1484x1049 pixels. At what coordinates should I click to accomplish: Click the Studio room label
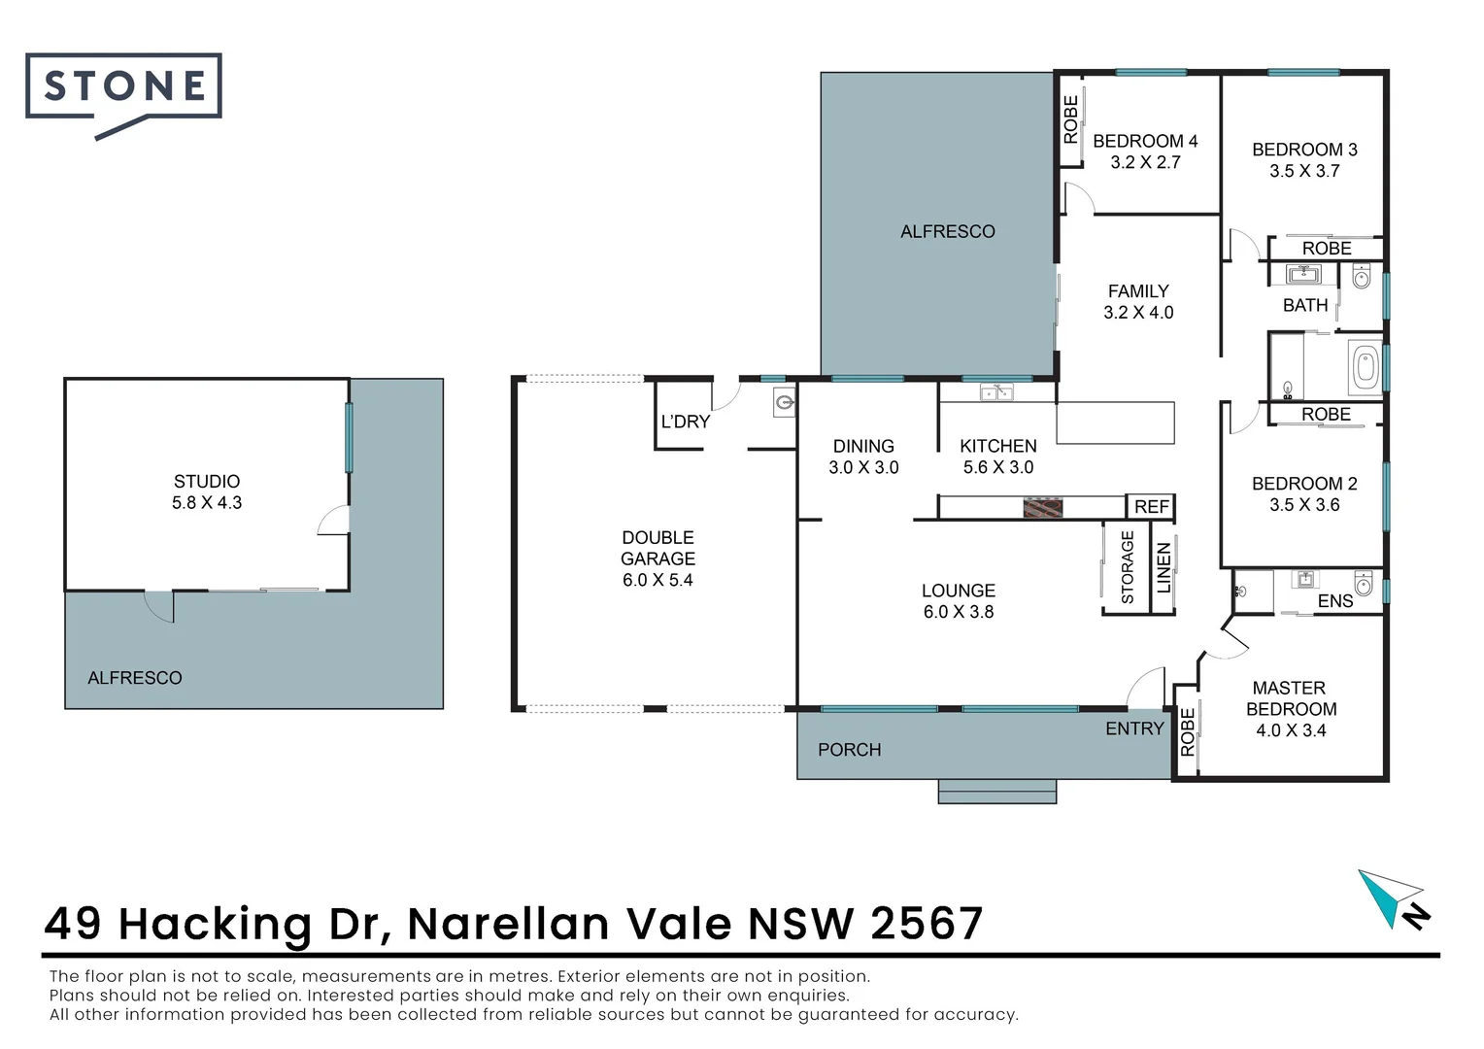[207, 482]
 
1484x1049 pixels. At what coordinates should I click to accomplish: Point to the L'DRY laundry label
[686, 422]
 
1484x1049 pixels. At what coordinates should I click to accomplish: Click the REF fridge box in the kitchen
[1151, 507]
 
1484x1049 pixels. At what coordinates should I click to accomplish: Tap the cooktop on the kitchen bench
[1042, 507]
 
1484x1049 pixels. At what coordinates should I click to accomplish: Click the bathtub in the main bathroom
[1365, 367]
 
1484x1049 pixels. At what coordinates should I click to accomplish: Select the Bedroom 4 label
[1145, 142]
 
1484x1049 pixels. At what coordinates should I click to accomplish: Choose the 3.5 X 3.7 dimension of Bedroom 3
[1304, 172]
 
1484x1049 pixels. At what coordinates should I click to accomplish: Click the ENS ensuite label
[1334, 601]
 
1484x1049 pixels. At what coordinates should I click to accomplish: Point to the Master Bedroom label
[1291, 698]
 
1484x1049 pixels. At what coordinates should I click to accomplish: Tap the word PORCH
[850, 750]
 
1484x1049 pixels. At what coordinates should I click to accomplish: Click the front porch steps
[996, 791]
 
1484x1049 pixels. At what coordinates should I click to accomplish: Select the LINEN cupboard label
[1164, 567]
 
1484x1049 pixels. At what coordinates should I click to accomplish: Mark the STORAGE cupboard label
[1128, 567]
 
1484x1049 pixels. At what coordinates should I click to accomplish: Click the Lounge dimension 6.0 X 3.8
[959, 612]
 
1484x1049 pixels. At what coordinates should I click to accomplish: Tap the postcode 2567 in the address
[927, 924]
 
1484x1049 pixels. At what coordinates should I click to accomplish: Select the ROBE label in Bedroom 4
[1070, 119]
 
